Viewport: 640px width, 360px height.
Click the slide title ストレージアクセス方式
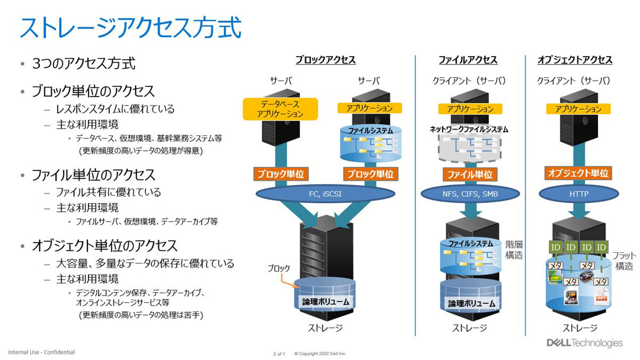131,28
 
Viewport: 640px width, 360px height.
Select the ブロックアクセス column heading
325,60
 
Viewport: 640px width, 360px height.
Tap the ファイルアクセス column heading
468,60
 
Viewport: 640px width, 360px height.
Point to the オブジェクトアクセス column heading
575,60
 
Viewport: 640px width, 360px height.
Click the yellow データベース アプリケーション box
280,108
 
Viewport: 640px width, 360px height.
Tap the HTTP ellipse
579,194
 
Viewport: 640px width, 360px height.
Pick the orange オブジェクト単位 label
578,173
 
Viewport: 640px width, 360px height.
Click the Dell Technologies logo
584,343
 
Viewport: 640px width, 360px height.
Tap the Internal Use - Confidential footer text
42,352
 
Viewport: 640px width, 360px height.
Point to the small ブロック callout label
278,269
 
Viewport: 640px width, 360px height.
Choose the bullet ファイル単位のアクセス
93,174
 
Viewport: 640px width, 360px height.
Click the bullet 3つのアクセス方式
83,65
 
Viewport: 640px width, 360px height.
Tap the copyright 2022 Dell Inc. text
320,354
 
